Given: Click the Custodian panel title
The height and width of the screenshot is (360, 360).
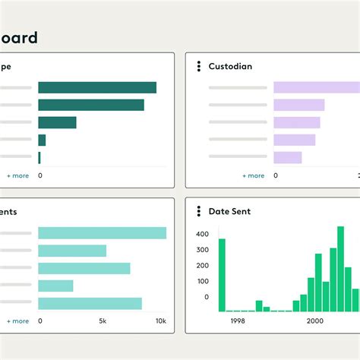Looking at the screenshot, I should pyautogui.click(x=230, y=66).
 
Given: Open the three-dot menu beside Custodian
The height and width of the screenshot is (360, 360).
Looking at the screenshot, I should pyautogui.click(x=198, y=66).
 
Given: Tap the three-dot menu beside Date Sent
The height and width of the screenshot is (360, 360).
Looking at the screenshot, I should pyautogui.click(x=198, y=211).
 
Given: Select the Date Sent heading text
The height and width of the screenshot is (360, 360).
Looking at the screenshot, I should pyautogui.click(x=229, y=211).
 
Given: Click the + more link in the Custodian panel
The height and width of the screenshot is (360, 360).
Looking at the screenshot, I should pyautogui.click(x=254, y=175).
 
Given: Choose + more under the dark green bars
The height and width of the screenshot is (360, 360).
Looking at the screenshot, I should pyautogui.click(x=17, y=175).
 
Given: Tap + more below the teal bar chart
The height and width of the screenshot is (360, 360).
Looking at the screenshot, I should pyautogui.click(x=17, y=321).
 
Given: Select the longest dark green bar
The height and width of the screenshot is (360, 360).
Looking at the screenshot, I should pyautogui.click(x=97, y=87).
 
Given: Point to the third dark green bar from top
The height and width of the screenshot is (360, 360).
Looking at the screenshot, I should pyautogui.click(x=57, y=122).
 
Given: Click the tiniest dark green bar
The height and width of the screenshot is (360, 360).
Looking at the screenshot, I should pyautogui.click(x=39, y=157).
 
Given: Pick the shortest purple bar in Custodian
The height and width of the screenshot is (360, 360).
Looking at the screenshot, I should pyautogui.click(x=288, y=157).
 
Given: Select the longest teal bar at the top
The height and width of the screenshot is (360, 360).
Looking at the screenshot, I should pyautogui.click(x=102, y=233).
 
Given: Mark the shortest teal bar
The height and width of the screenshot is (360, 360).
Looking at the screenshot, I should pyautogui.click(x=55, y=286).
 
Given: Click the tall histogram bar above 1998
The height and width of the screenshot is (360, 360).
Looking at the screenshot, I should pyautogui.click(x=222, y=275).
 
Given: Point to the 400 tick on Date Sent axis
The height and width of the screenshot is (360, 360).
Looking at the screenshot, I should pyautogui.click(x=202, y=233).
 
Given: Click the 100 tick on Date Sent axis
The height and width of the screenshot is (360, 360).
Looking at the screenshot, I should pyautogui.click(x=202, y=281).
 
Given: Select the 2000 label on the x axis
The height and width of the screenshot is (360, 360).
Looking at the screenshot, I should pyautogui.click(x=315, y=321).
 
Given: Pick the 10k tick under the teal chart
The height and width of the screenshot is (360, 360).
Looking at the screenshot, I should pyautogui.click(x=161, y=321).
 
